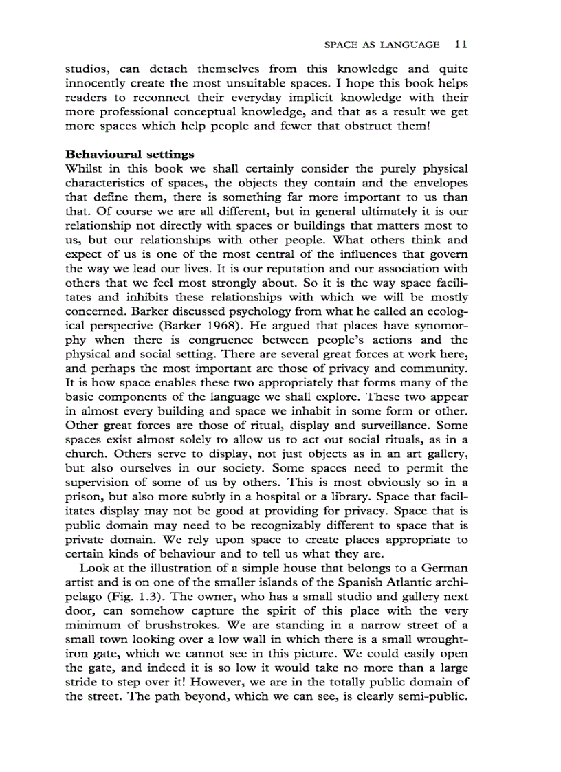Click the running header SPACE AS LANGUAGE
click(x=381, y=45)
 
